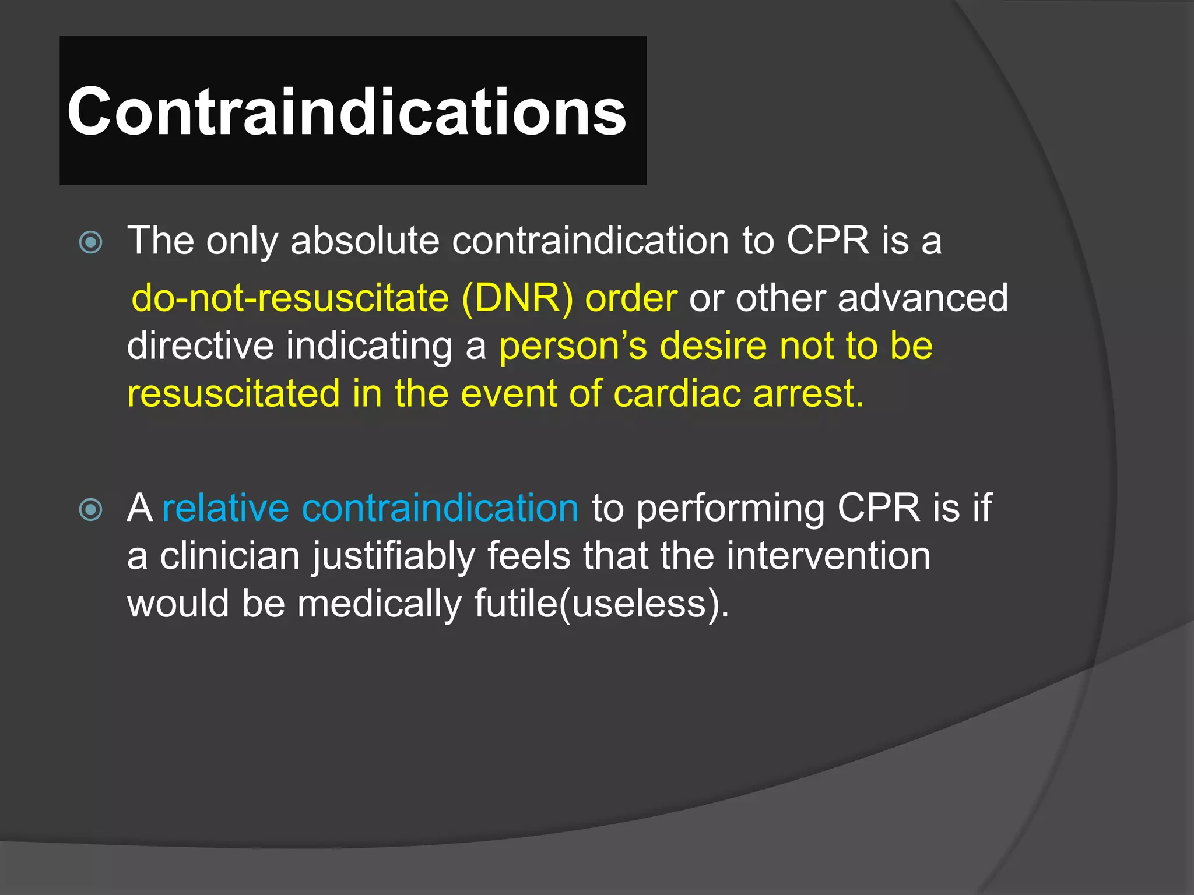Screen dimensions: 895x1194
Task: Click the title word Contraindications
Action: [346, 111]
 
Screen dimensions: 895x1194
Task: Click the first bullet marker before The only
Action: [90, 242]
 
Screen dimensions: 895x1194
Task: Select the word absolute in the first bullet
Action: [365, 240]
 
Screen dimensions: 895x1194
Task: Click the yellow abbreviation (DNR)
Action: [517, 298]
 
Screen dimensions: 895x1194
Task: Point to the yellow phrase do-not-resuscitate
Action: [290, 298]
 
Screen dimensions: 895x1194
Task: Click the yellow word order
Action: [631, 298]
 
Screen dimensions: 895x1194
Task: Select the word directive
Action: [200, 346]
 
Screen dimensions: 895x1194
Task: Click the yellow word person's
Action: [573, 346]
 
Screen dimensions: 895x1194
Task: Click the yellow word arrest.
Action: [807, 393]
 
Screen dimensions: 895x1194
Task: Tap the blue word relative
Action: [226, 508]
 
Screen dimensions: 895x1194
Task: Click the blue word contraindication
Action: [440, 508]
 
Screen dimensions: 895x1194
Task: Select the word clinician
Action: [230, 555]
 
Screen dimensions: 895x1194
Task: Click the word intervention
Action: [828, 555]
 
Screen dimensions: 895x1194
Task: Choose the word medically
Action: [380, 604]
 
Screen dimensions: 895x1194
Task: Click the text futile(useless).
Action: [601, 604]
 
